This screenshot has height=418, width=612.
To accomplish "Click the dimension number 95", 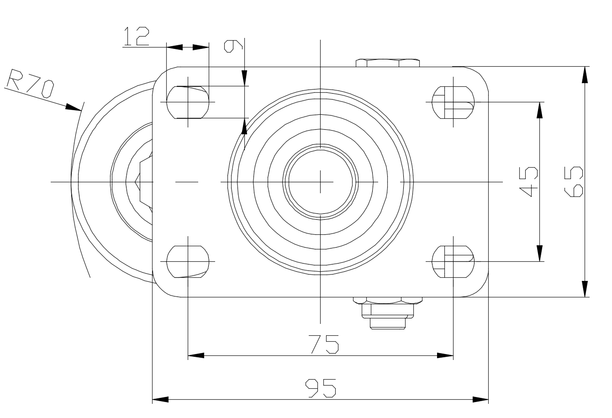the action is pos(321,388).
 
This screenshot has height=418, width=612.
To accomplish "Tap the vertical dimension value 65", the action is pos(573,182).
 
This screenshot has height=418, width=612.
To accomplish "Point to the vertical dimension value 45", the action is pos(528,182).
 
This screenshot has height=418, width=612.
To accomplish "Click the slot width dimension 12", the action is pos(137,36).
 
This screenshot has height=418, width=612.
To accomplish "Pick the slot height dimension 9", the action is pos(233,46).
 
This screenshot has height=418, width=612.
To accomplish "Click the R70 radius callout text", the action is pos(30,83).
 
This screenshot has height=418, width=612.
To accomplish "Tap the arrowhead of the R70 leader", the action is pos(74,107).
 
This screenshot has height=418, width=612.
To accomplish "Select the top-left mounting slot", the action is pos(188,102).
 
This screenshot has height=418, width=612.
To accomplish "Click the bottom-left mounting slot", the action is pos(188,262).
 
